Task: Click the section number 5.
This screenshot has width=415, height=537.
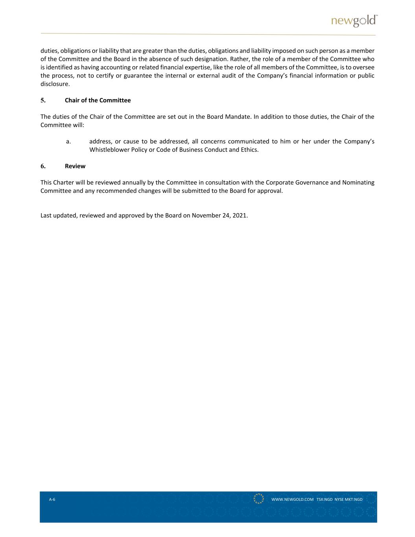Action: coord(43,100)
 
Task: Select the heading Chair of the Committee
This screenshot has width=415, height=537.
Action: coord(98,100)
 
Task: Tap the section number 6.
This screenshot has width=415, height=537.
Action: coord(43,166)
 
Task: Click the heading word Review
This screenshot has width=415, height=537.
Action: coord(75,166)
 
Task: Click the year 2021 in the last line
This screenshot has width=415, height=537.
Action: coord(240,216)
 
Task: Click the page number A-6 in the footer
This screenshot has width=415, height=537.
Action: coord(52,500)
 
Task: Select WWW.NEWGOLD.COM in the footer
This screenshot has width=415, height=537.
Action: coord(292,500)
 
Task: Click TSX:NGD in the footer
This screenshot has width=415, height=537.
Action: coord(324,500)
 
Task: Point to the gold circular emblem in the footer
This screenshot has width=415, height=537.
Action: coord(259,498)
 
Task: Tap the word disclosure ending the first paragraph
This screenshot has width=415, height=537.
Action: coord(55,84)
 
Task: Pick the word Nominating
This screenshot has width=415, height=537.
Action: coord(358,183)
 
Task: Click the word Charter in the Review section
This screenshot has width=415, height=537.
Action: coord(63,183)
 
